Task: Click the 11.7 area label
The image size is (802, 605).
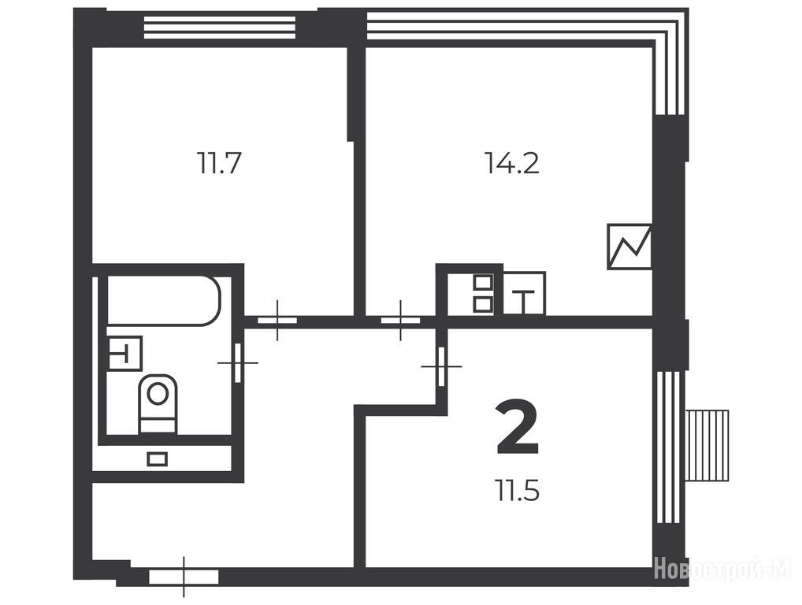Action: coord(219,164)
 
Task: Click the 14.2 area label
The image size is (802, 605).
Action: coord(512,164)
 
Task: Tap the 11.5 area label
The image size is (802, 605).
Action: coord(517,491)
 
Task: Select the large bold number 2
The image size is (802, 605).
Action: coord(518,429)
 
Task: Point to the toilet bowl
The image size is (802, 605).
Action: coord(158,404)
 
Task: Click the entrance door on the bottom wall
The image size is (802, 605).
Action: coord(184,577)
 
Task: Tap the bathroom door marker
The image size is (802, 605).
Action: coord(237,362)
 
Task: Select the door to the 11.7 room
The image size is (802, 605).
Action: coord(277,321)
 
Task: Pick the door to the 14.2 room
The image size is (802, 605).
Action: coord(400,321)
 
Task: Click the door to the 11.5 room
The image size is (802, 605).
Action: coord(441,366)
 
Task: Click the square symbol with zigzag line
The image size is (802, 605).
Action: coord(629,247)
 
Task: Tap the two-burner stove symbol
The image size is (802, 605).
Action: coord(484,294)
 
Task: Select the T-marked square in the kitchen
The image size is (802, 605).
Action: coord(524,294)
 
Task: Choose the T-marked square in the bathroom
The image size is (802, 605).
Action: coord(124,353)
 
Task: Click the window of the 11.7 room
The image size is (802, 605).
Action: coord(220,28)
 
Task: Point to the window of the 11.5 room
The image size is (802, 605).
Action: coord(668,447)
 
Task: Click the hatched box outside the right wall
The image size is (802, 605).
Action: coord(707,445)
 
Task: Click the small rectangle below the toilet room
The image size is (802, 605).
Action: coord(157,458)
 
